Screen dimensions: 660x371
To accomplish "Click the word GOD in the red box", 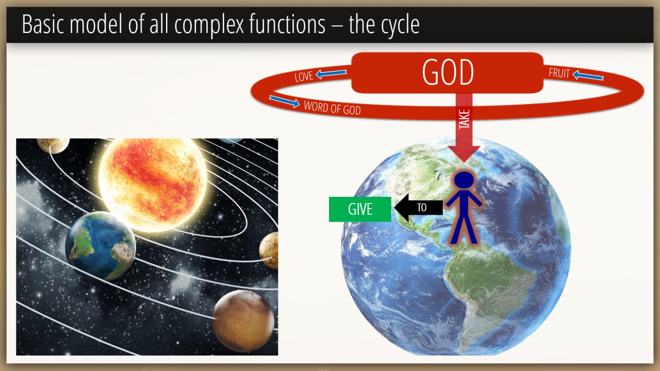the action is click(x=448, y=72).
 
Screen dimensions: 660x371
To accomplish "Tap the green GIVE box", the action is click(x=360, y=209).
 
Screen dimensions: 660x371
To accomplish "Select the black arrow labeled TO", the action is click(x=418, y=208).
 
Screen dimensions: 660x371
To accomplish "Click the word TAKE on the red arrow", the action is click(x=464, y=119).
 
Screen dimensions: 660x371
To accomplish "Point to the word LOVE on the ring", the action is click(x=304, y=77).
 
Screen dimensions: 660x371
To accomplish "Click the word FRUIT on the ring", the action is click(x=559, y=73).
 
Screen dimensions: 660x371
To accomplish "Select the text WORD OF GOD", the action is click(x=332, y=108).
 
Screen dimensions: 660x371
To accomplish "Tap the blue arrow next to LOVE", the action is click(x=331, y=74).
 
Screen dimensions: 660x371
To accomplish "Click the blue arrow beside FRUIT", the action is click(x=588, y=75).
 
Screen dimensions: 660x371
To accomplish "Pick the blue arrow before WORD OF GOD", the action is click(x=284, y=102).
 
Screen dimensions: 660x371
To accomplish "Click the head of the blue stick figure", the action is click(x=464, y=180).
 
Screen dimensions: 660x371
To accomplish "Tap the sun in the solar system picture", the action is click(x=153, y=184).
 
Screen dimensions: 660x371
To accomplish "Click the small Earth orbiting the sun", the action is click(x=101, y=246).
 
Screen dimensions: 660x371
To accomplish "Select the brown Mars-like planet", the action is click(x=243, y=321).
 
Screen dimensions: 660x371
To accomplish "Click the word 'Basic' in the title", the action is click(x=43, y=24).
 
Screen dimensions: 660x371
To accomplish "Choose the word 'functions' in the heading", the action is click(x=287, y=24).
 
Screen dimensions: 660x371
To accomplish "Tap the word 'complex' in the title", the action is click(x=209, y=25).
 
